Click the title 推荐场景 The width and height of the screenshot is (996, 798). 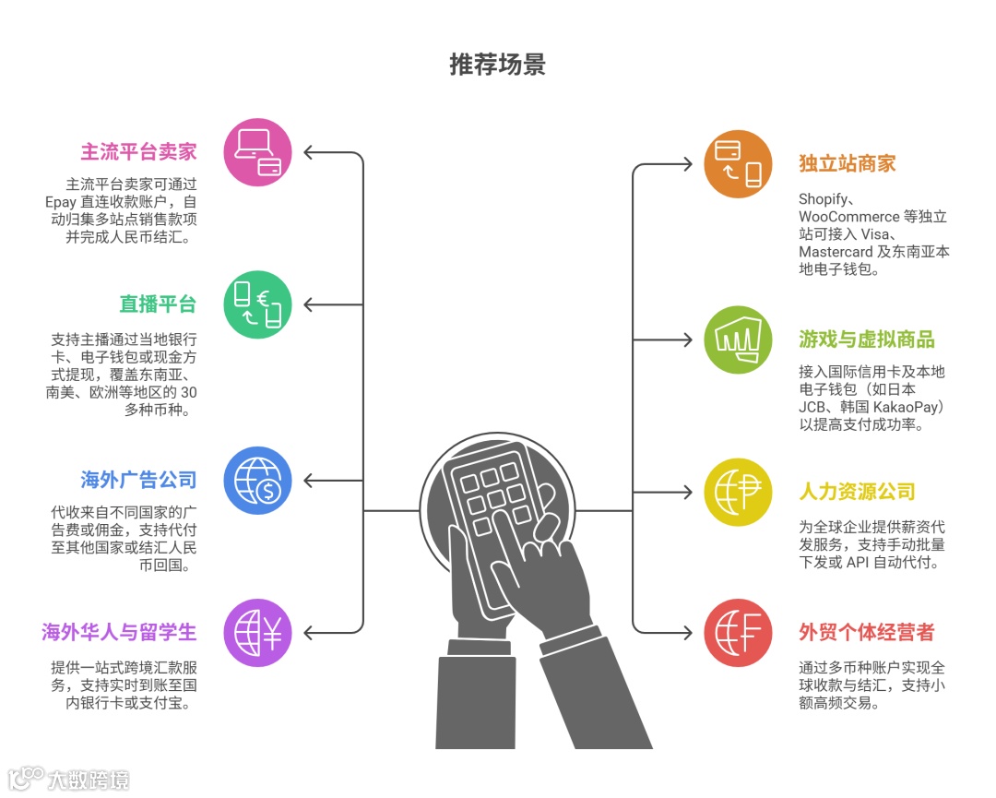[497, 65]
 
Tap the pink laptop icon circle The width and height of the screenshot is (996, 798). [258, 152]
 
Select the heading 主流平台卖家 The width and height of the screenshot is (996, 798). [138, 151]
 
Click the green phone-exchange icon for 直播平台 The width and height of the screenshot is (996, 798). [258, 304]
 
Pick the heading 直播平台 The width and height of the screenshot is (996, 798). [158, 304]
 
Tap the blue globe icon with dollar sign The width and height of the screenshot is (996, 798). [258, 481]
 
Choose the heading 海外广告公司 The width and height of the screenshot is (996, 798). [138, 480]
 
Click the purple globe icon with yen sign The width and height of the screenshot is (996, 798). [258, 633]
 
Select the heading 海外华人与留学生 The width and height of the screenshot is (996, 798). [119, 632]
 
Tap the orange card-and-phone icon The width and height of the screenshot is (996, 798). [738, 164]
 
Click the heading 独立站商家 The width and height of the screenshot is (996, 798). [848, 164]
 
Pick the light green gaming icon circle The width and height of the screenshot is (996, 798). [738, 339]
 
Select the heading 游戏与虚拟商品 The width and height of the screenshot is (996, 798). [867, 339]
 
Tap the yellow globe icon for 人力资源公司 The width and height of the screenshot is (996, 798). [738, 492]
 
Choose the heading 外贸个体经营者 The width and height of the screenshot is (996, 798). [867, 633]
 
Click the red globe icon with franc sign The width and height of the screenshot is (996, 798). [738, 633]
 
